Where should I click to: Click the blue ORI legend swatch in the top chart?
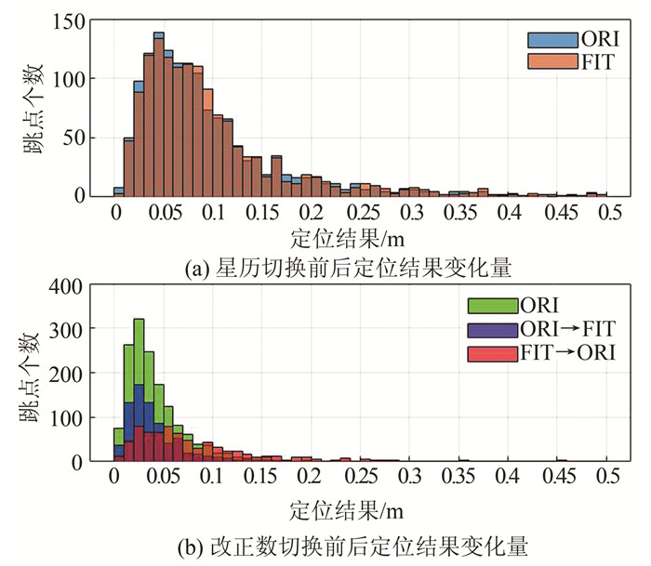(x=541, y=39)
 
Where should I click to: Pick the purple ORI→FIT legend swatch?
(x=486, y=327)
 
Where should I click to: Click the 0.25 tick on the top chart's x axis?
(x=361, y=213)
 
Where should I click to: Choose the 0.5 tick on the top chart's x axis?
(x=608, y=213)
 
